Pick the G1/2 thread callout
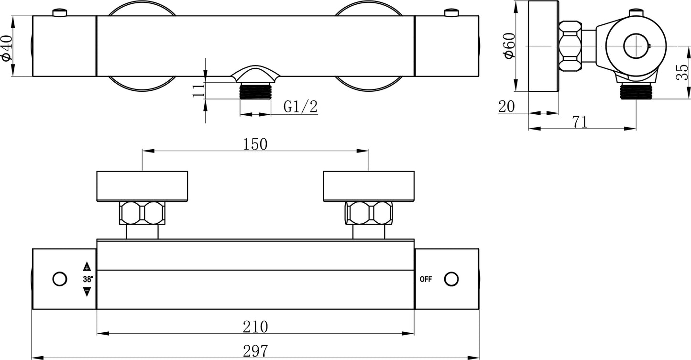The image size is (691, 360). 300,107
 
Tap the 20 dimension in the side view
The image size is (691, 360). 506,106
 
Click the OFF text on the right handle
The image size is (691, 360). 426,280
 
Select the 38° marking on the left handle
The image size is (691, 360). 88,279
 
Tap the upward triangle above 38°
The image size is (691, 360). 87,267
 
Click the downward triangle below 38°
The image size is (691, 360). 87,292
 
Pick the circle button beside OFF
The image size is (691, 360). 451,279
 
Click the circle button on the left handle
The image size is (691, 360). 60,279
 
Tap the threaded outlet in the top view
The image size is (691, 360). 255,91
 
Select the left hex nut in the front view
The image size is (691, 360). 142,213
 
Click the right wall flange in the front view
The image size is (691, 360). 369,186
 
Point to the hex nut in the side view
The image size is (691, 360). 570,46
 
